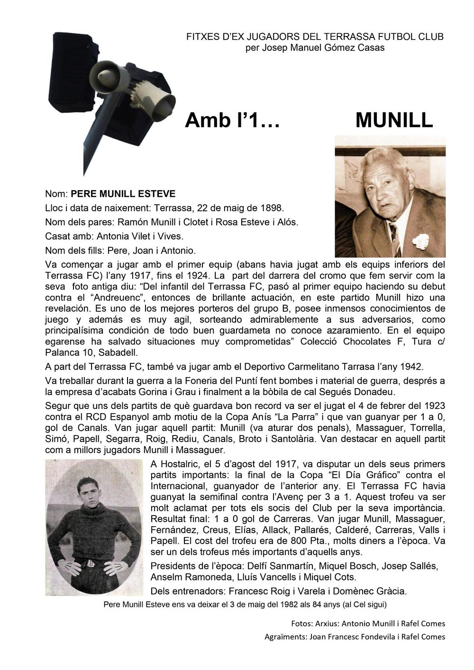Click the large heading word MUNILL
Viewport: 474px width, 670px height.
(x=394, y=120)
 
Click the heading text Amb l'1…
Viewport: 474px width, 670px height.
(x=232, y=120)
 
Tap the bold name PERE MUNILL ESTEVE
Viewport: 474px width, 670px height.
(x=123, y=194)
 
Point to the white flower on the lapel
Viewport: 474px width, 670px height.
(x=420, y=241)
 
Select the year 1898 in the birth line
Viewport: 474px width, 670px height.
(x=272, y=208)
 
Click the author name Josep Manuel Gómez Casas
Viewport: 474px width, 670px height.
(x=315, y=48)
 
